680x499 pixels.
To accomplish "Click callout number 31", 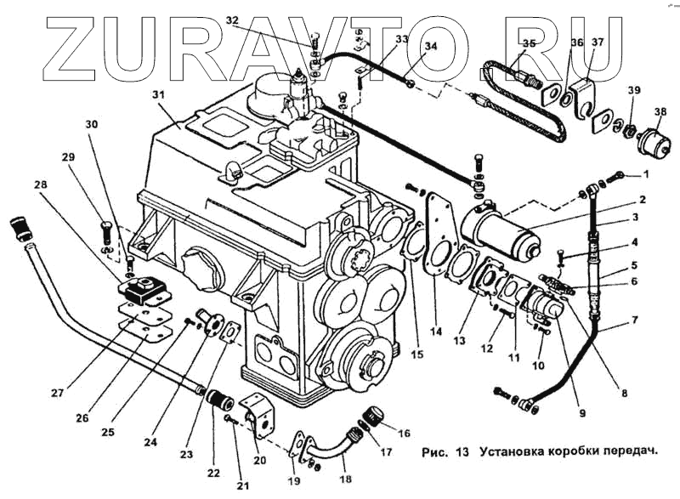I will click(x=157, y=94).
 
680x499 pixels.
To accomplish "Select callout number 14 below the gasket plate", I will click(x=437, y=330).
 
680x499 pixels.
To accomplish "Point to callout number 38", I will click(x=660, y=111).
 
